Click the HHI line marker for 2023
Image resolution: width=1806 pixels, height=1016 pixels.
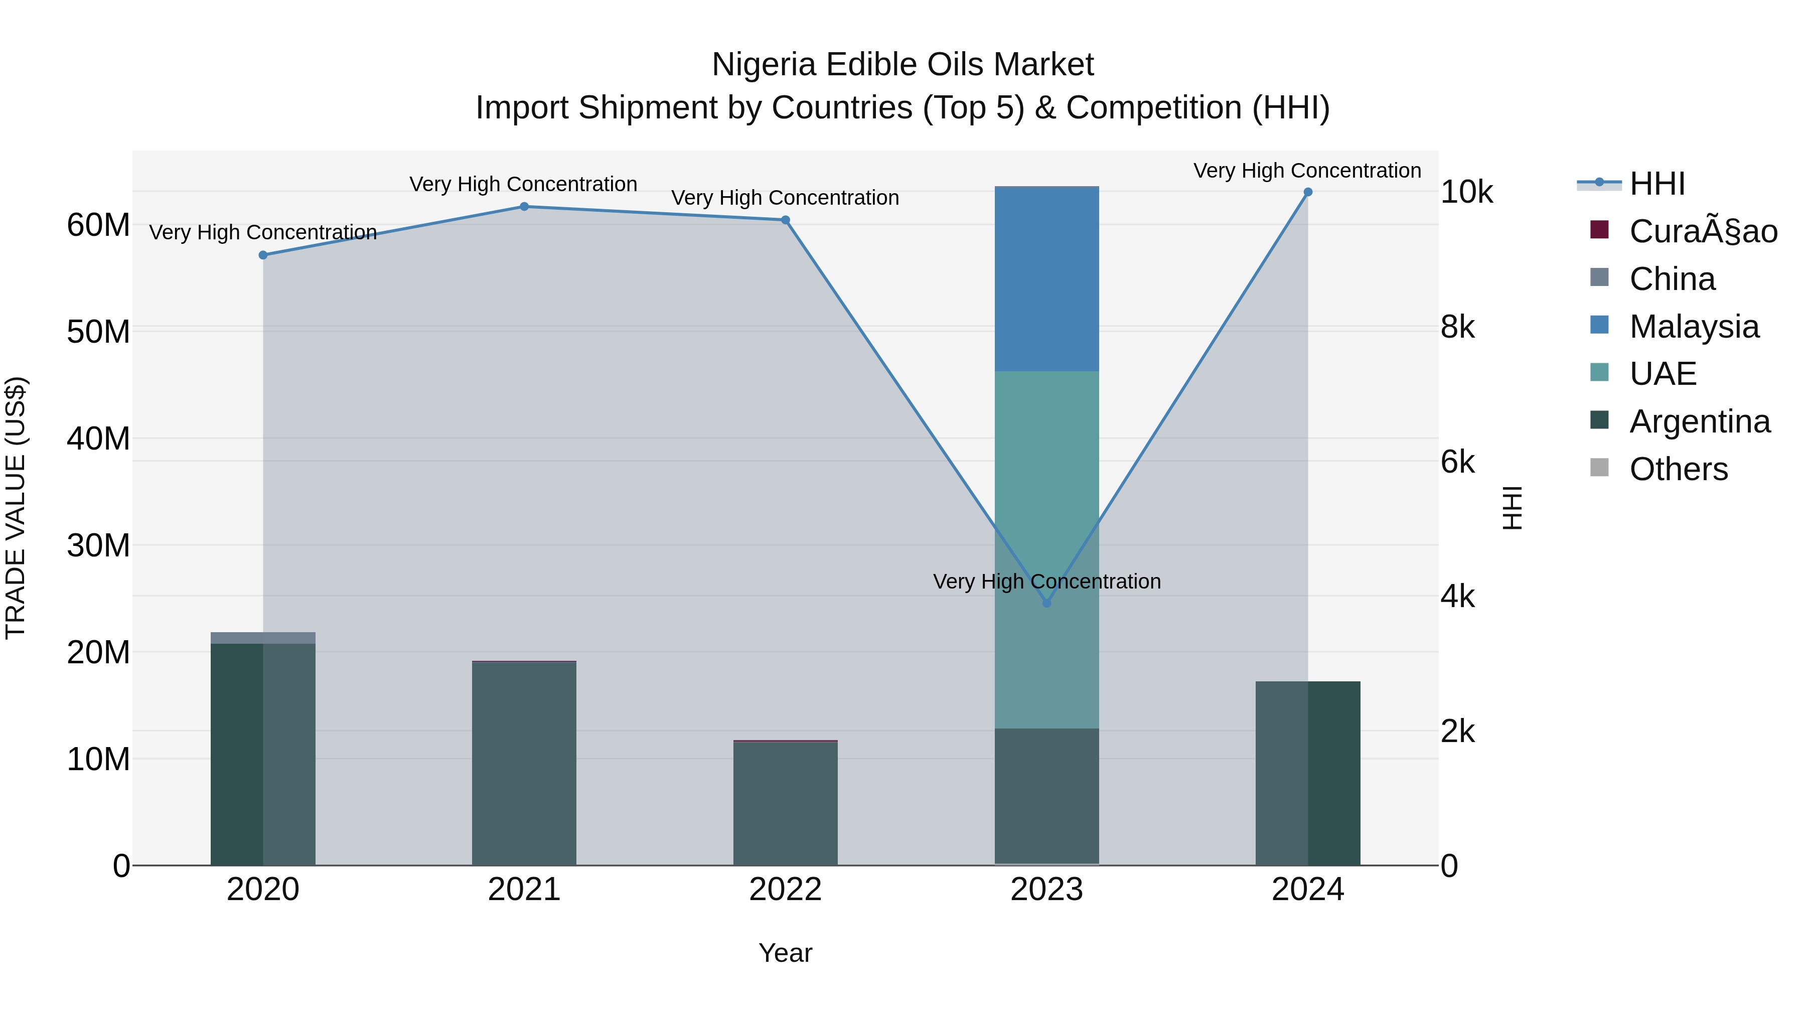(1046, 603)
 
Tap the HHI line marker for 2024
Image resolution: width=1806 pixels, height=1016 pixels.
(1307, 192)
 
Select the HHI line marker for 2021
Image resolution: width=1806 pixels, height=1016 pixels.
(524, 206)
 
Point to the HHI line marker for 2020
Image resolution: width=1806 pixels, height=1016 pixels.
(263, 255)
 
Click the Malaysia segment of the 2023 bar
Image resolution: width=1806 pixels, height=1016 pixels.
(1046, 279)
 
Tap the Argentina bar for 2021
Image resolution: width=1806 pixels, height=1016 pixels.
(524, 764)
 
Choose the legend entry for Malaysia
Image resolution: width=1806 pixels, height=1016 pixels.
(1694, 327)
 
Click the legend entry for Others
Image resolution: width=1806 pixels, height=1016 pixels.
(1679, 469)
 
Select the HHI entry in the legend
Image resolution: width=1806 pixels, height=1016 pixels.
(1658, 184)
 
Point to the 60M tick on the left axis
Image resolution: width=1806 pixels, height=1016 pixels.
(98, 225)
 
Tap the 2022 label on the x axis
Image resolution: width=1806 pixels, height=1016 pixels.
(785, 890)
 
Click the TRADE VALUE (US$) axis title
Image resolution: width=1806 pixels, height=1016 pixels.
(16, 508)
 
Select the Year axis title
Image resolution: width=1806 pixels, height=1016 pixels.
(785, 953)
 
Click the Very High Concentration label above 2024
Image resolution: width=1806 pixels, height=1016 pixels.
(1307, 171)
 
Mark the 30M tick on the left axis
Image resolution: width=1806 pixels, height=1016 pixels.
(98, 545)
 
